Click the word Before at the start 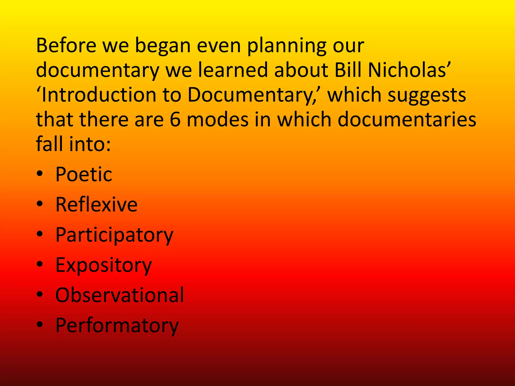(66, 45)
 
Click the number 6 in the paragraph (175, 119)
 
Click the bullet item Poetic (84, 174)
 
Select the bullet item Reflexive (96, 204)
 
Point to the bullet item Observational (120, 295)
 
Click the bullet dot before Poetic (40, 174)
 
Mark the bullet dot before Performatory (40, 324)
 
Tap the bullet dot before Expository (40, 264)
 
